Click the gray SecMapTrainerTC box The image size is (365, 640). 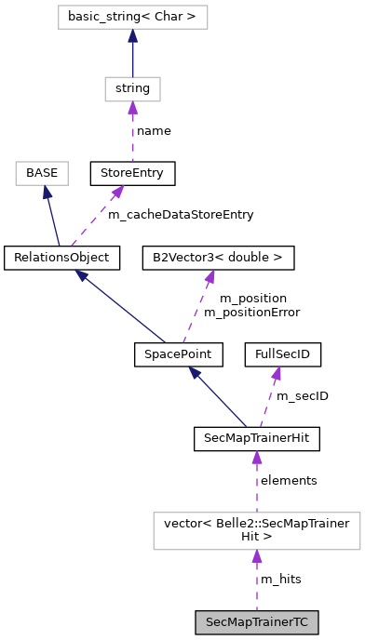point(256,622)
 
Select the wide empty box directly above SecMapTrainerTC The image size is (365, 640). point(256,531)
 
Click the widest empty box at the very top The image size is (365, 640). point(132,17)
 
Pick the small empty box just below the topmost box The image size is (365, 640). point(132,89)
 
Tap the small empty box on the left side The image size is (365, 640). point(42,173)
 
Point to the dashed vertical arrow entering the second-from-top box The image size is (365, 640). point(132,133)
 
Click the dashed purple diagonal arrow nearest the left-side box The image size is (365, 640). point(96,217)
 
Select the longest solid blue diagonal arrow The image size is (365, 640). point(121,307)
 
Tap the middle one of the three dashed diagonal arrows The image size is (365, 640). point(198,307)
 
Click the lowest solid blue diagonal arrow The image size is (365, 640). point(218,397)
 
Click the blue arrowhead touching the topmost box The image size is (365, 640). point(132,36)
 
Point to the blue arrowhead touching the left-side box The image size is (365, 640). point(47,193)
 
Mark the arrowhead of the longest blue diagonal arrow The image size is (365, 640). point(82,275)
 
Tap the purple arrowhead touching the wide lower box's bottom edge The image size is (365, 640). point(257,556)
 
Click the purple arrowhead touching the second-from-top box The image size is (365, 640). point(132,108)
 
